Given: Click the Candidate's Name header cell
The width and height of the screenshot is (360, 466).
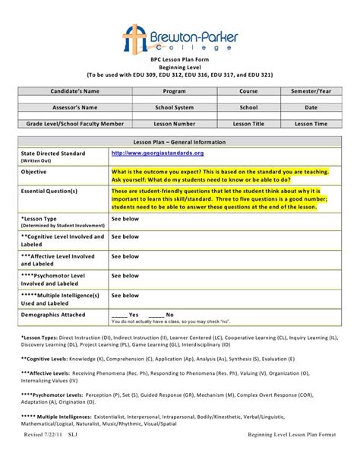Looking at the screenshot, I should click(x=74, y=90).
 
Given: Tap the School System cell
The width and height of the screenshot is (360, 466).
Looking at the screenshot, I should click(x=174, y=107).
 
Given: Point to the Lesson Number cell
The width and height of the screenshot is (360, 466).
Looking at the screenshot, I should click(x=174, y=124).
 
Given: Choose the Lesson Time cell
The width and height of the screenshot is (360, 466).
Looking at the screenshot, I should click(x=311, y=124).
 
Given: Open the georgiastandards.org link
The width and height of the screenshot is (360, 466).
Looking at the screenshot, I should click(x=157, y=153).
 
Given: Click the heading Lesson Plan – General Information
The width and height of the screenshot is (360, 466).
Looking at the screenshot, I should click(x=179, y=141).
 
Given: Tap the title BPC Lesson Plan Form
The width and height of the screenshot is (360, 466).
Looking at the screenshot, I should click(x=179, y=59).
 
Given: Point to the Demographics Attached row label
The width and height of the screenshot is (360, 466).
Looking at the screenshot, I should click(x=55, y=293).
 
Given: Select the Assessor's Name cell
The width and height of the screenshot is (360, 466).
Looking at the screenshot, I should click(x=74, y=107).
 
